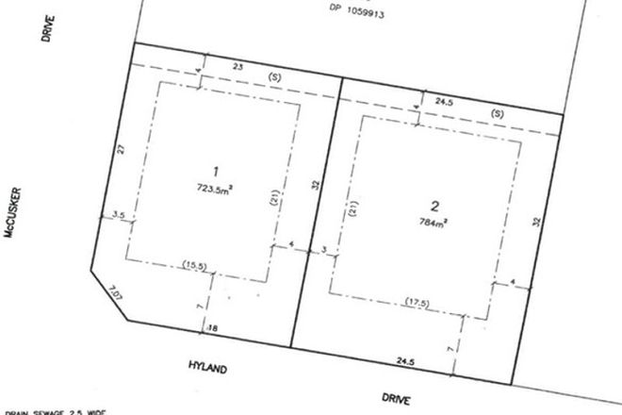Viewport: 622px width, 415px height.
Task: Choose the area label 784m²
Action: pyautogui.click(x=434, y=224)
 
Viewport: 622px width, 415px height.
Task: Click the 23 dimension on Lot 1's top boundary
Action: pyautogui.click(x=237, y=66)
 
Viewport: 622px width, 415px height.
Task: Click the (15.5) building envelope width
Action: pyautogui.click(x=195, y=265)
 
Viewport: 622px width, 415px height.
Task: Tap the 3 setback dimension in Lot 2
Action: pyautogui.click(x=324, y=251)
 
